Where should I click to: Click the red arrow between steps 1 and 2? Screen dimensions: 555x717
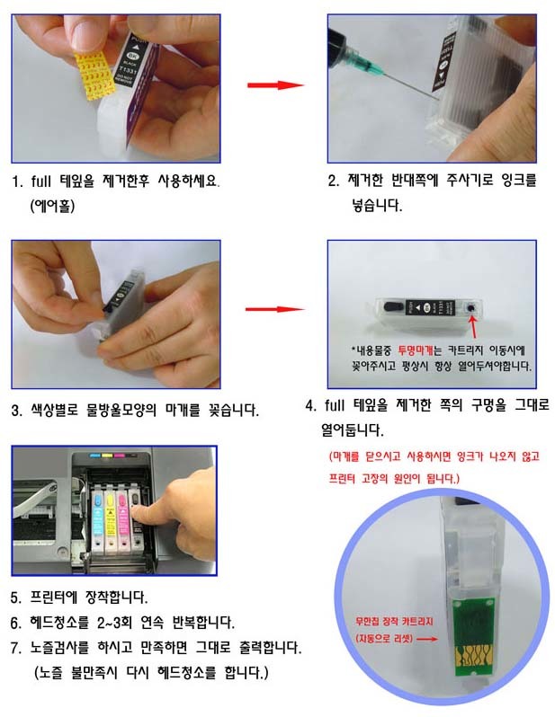click(x=275, y=85)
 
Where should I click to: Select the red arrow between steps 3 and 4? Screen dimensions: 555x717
click(x=274, y=309)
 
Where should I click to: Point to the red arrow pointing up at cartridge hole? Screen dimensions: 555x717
click(x=473, y=326)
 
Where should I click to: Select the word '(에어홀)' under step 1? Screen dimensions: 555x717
click(x=52, y=206)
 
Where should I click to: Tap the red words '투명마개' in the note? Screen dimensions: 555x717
click(x=415, y=350)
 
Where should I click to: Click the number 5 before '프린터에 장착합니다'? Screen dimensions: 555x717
click(x=15, y=597)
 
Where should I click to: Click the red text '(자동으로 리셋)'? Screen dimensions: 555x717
click(x=384, y=638)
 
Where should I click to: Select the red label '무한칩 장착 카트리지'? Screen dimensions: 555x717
click(x=394, y=622)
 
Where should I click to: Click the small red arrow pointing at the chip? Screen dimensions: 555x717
click(x=426, y=639)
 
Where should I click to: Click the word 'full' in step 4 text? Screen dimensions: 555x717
click(x=335, y=404)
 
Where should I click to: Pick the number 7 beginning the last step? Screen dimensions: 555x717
click(x=15, y=648)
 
